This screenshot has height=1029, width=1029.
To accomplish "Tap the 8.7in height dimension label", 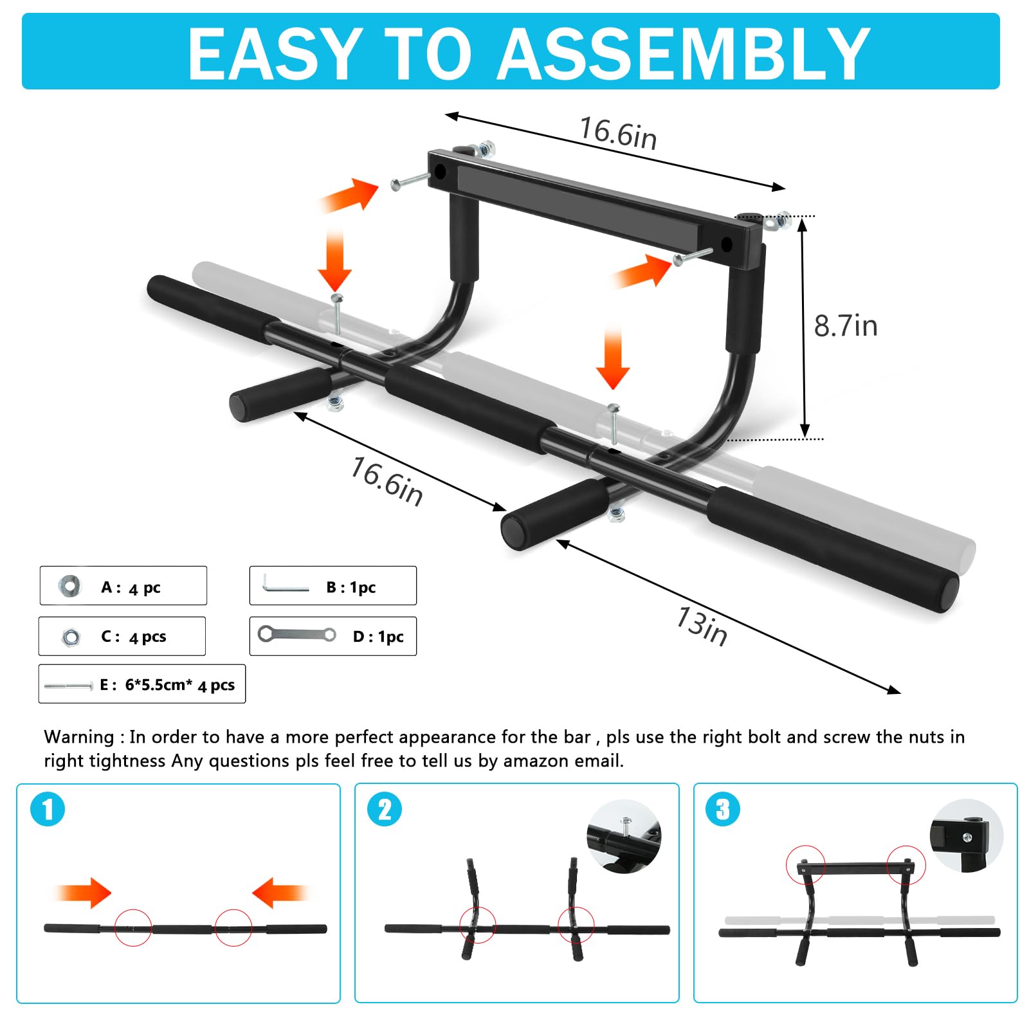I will [x=845, y=326].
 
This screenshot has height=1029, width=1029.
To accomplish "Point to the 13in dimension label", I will [x=702, y=626].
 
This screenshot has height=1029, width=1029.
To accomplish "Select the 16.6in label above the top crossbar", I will [x=618, y=133].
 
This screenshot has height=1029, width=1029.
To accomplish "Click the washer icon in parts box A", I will [x=69, y=586].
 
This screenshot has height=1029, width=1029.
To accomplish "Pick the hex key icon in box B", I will [x=285, y=585].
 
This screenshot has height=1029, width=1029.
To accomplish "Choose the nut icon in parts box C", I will [x=71, y=637].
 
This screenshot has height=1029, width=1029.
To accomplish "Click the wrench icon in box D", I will [x=296, y=635].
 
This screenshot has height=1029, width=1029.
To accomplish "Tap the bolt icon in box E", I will [x=68, y=686].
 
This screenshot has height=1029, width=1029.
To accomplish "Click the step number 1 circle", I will [x=48, y=809].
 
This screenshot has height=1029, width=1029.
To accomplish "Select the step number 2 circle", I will [x=385, y=809].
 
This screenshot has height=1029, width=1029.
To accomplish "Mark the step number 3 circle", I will [x=723, y=809].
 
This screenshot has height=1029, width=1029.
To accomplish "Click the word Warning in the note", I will [x=78, y=737].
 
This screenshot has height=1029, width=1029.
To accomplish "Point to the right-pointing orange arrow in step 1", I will [x=84, y=893].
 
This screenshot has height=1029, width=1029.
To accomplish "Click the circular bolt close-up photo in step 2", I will [x=623, y=836].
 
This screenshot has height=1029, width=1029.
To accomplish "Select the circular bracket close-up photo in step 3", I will [x=966, y=836].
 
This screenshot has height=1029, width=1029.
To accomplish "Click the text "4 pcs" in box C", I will [x=147, y=637].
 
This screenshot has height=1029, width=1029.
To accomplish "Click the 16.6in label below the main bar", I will [x=387, y=482].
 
